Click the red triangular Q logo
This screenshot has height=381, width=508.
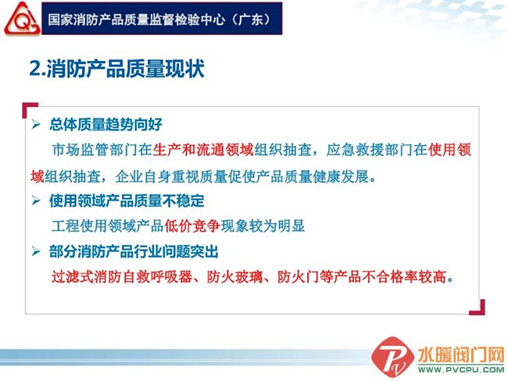tap(22, 19)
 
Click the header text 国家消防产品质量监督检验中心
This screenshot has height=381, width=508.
tap(137, 20)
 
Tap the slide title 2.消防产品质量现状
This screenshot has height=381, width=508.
tap(116, 69)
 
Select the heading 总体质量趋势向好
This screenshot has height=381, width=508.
tap(106, 125)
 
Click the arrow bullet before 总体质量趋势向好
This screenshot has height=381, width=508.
tap(36, 124)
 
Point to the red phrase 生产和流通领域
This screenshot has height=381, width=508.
tap(203, 150)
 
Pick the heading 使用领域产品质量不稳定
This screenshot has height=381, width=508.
tap(127, 201)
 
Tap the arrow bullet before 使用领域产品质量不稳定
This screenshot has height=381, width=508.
tap(36, 201)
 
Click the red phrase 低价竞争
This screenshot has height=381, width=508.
tap(192, 226)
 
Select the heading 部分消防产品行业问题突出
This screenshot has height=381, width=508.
tap(134, 251)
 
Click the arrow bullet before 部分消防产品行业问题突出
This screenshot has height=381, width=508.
tap(36, 251)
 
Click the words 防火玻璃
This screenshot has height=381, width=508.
tap(235, 277)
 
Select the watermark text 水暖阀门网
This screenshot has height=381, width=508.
tap(461, 355)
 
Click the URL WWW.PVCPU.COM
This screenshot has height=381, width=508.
tap(461, 369)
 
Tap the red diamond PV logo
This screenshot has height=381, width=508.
tap(392, 357)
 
